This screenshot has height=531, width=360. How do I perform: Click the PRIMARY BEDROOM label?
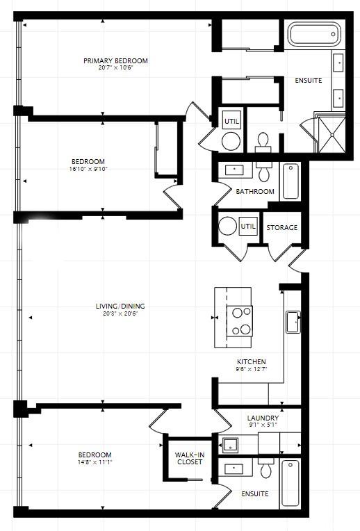[115, 61]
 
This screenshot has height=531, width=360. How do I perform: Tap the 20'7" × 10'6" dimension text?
[115, 67]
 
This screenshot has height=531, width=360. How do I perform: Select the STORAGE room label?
[281, 227]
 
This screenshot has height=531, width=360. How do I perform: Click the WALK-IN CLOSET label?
[190, 458]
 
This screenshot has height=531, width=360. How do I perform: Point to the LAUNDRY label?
[263, 418]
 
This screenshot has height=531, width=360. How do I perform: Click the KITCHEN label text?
[252, 361]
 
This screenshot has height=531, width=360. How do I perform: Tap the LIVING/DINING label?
[120, 306]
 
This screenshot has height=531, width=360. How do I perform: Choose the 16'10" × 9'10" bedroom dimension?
[88, 169]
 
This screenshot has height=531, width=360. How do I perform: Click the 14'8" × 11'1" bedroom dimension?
[95, 462]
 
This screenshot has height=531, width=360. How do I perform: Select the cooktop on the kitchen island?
[240, 321]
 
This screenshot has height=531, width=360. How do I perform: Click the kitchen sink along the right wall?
[293, 322]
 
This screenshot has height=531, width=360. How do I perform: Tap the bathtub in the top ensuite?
[315, 34]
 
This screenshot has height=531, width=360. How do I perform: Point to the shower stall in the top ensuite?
[332, 134]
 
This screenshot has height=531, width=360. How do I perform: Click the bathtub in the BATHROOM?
[291, 181]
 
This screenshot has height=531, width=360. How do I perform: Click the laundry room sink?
[230, 444]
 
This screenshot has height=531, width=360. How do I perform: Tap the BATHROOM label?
[255, 192]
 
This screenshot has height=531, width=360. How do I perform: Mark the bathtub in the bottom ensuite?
[291, 484]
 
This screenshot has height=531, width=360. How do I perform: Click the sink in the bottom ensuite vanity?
[234, 469]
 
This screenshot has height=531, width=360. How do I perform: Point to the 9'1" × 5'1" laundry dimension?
[263, 425]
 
